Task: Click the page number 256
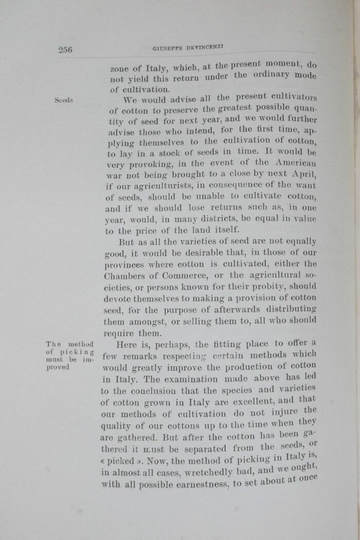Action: coord(65,49)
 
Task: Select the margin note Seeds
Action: coord(64,100)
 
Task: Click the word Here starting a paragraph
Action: coord(127,345)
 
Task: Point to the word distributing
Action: coord(289,309)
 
